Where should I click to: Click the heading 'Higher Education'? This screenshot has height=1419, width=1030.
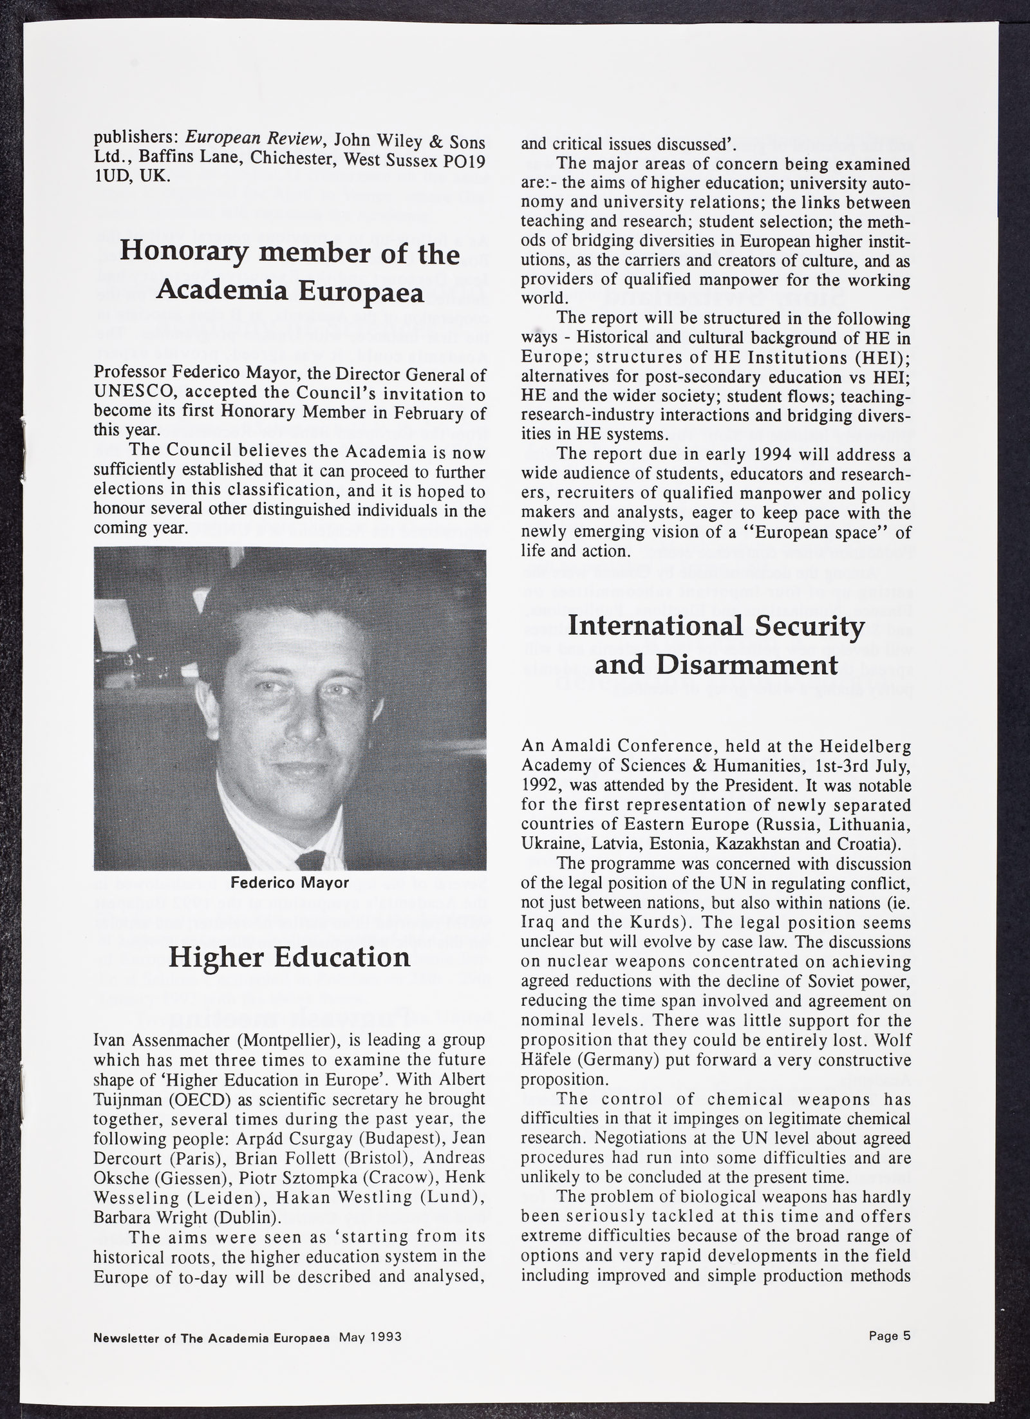(x=290, y=957)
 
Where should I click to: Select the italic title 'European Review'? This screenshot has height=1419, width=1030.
(x=241, y=139)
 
